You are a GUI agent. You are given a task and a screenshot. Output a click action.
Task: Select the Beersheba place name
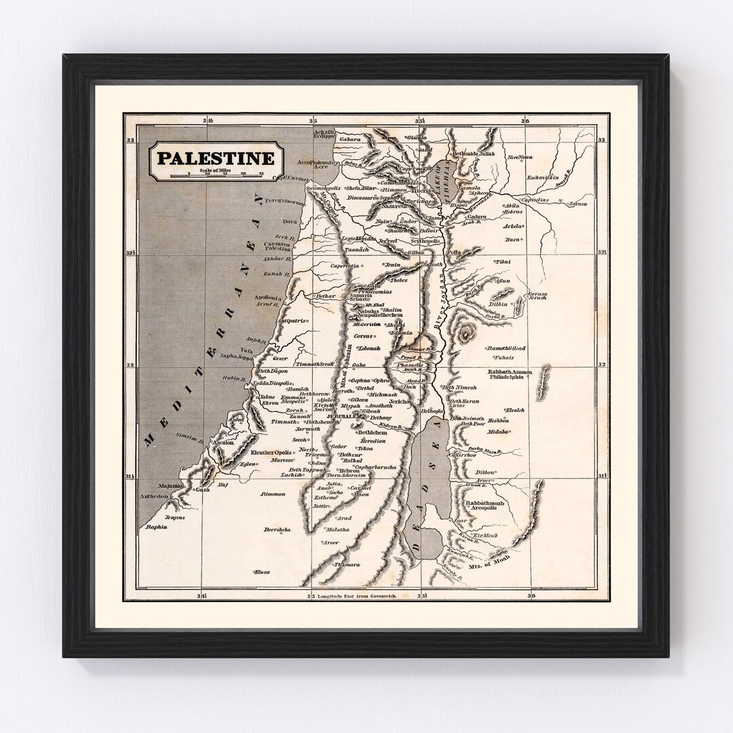(278, 528)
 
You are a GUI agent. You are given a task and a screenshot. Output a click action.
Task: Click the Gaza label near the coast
(202, 489)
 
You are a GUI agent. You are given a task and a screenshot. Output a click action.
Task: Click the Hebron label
(349, 470)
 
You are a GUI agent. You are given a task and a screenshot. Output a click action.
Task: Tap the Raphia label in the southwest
(155, 527)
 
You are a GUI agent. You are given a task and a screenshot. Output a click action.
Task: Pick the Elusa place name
(262, 572)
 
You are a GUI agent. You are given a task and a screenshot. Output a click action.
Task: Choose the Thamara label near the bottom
(345, 564)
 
